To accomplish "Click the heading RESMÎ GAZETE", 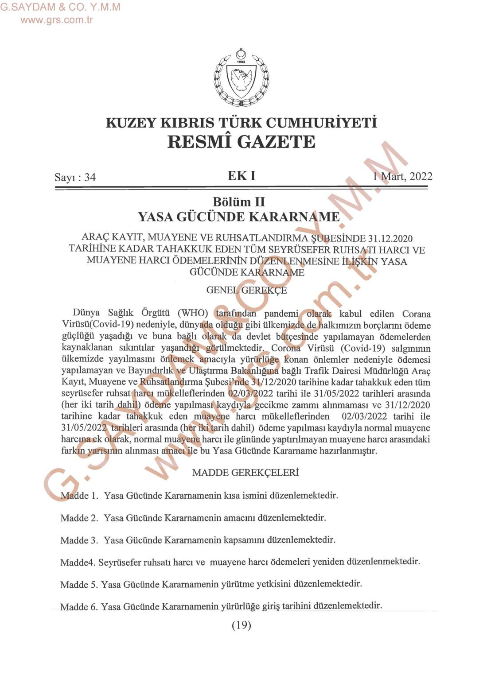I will (241, 142).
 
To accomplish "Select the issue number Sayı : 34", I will (75, 177).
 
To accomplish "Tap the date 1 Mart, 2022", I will (402, 176).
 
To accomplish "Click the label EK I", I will (241, 176).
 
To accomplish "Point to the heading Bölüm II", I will (239, 202).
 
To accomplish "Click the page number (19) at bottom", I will (241, 625).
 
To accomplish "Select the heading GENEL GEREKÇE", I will (246, 290).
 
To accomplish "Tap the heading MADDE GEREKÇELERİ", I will (245, 473).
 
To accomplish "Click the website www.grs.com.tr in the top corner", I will (57, 19).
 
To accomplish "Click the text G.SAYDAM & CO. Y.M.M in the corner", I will (60, 7).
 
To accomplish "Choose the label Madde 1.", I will (79, 496).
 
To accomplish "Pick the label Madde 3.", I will (79, 540).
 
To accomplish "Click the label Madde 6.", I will (79, 607).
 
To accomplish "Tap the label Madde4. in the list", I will (78, 563).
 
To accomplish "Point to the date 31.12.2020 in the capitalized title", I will (390, 238).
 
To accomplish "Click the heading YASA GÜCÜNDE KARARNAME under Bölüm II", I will (239, 217).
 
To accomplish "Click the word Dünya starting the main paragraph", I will (86, 314).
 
